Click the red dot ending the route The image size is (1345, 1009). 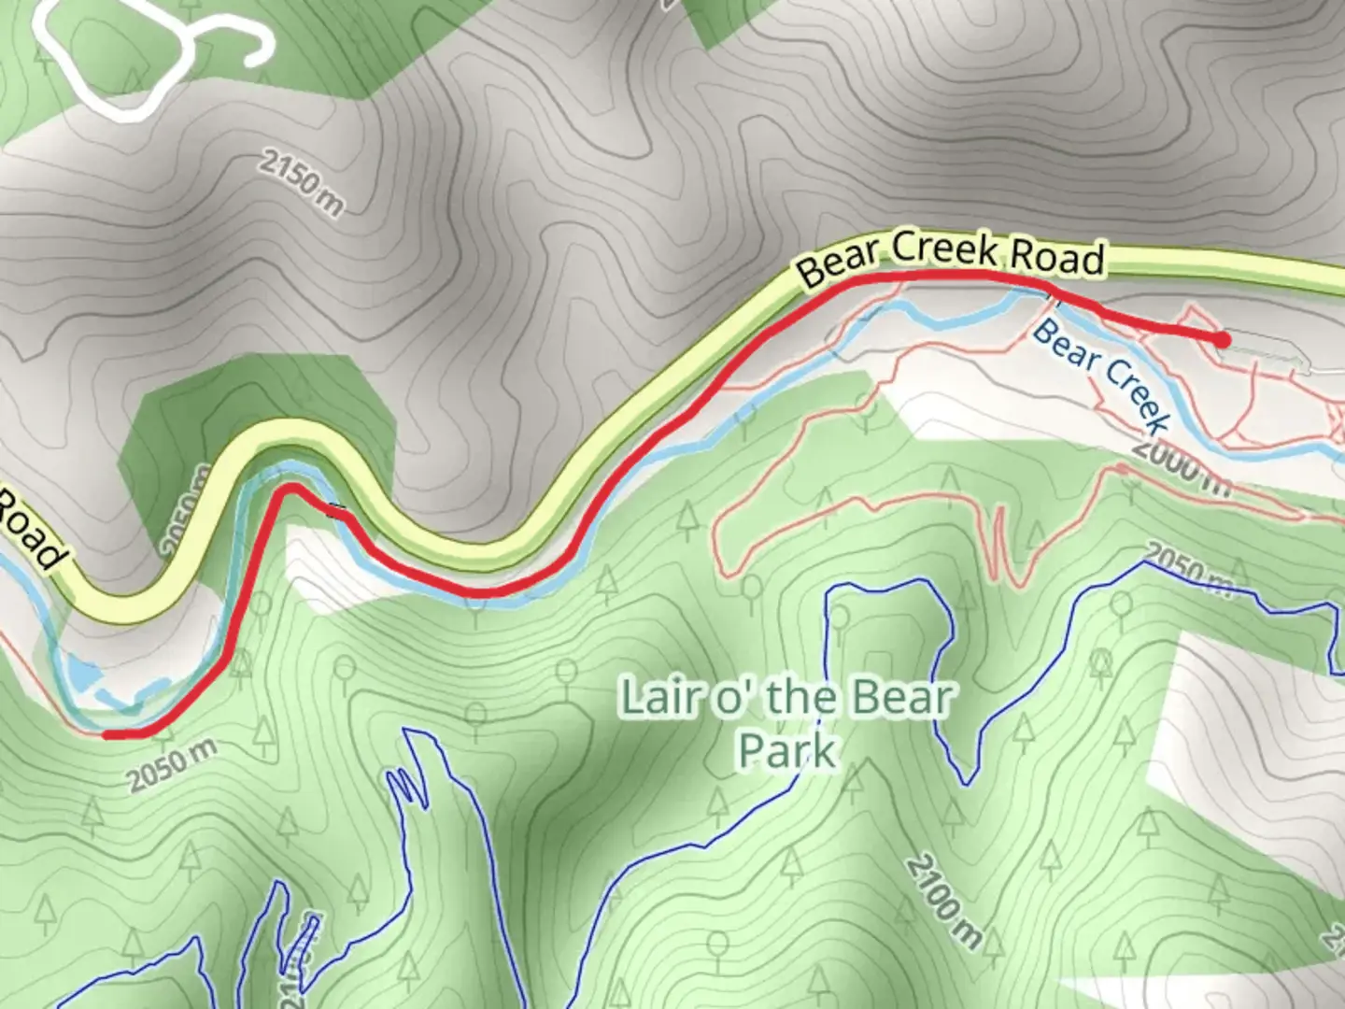pos(1221,339)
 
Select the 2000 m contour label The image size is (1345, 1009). pos(1182,464)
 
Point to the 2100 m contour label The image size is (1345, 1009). pos(943,901)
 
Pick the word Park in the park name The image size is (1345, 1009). pos(786,750)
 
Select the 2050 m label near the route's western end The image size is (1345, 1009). pos(174,765)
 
